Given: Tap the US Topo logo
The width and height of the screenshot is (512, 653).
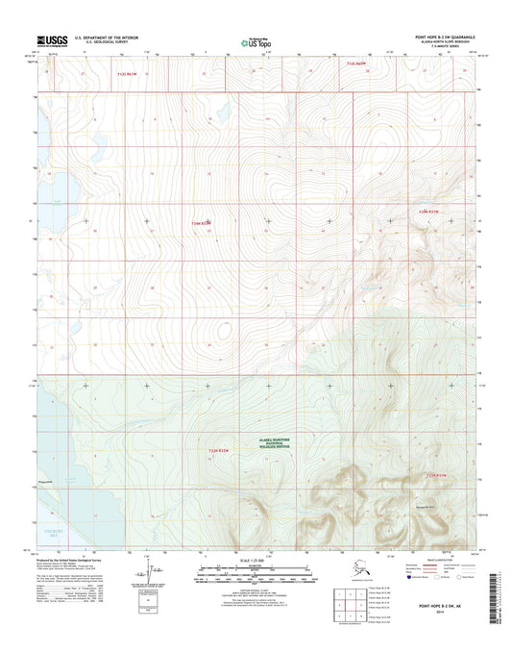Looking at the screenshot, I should (254, 41).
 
